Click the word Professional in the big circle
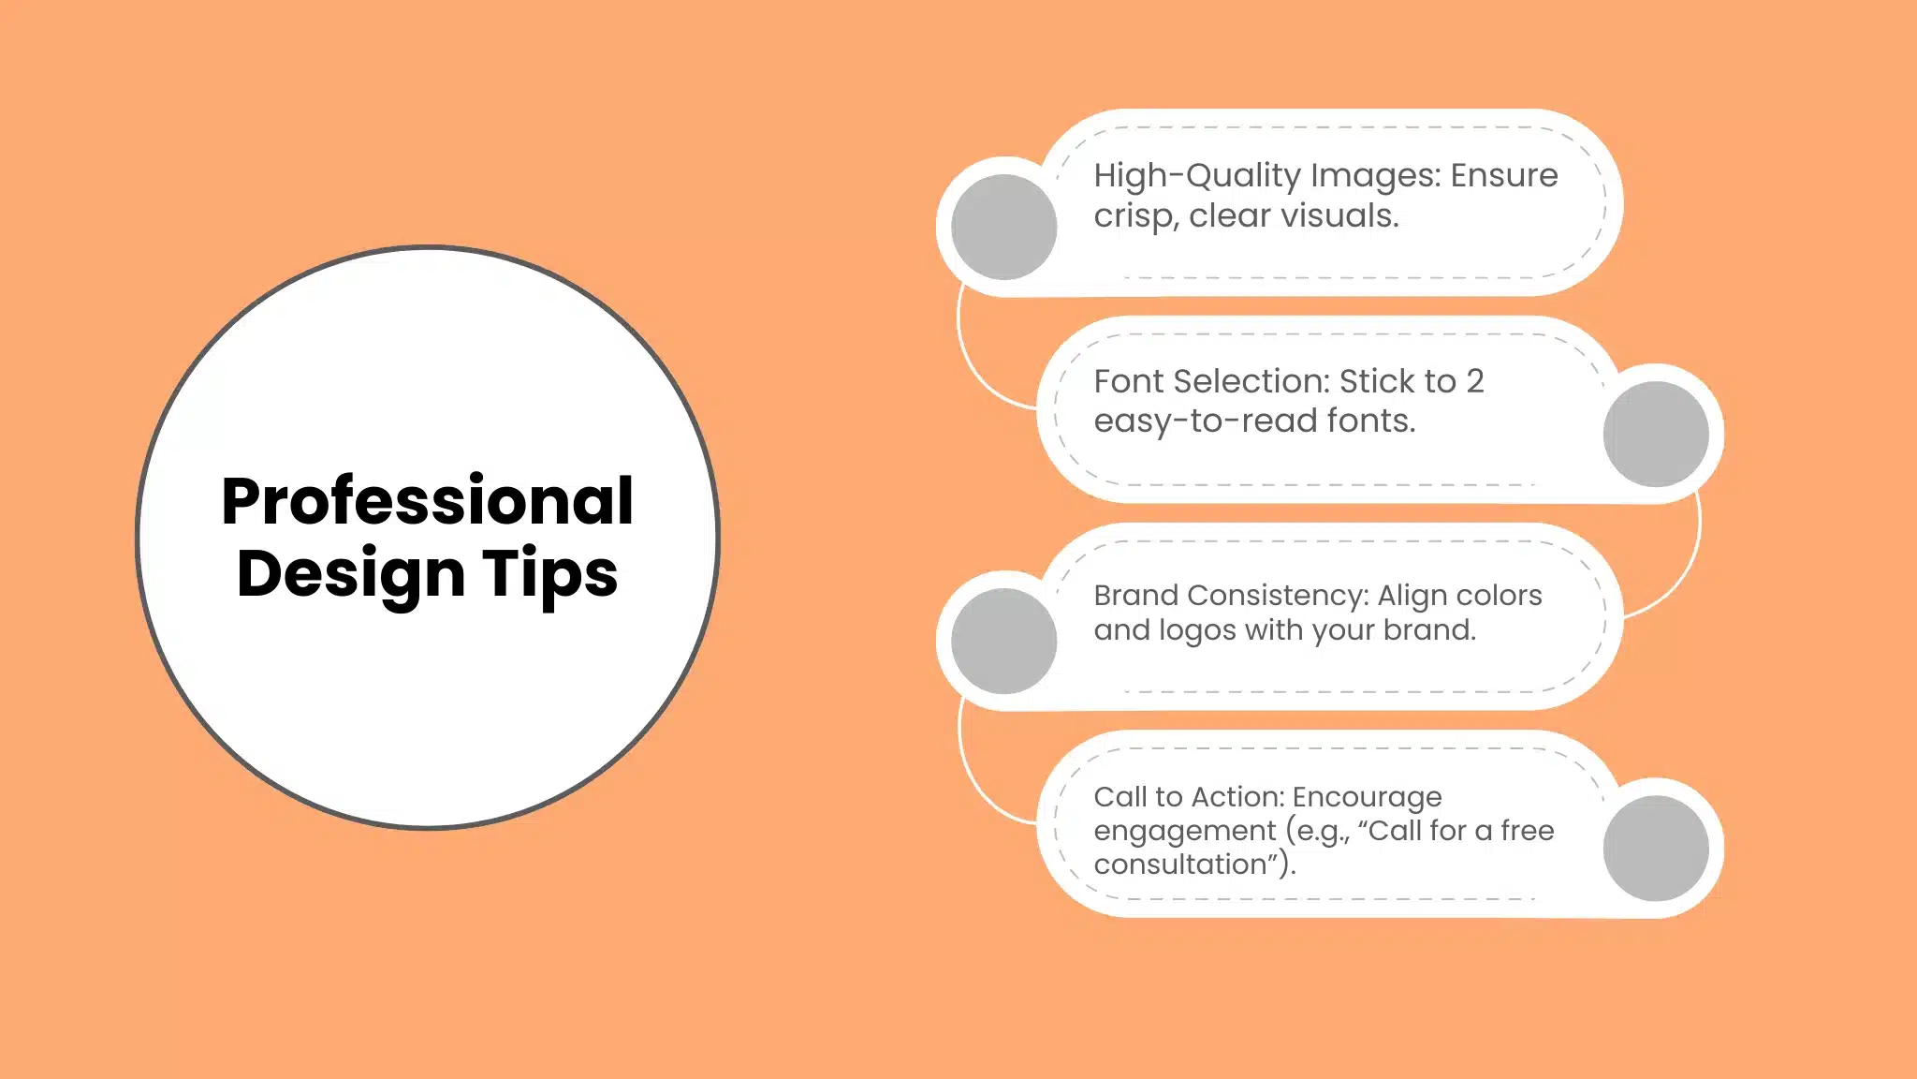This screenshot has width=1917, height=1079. (427, 502)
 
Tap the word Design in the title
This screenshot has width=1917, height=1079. (350, 573)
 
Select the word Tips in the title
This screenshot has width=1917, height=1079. (549, 573)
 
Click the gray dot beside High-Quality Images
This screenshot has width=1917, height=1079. (1003, 227)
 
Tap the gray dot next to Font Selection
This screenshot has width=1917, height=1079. (1655, 434)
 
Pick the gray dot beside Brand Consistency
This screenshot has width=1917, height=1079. (1003, 641)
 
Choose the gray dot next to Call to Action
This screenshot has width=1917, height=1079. (1655, 848)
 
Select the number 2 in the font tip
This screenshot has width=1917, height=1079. (1474, 381)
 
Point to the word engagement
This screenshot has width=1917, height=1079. (1184, 832)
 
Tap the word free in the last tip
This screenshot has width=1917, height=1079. (1527, 831)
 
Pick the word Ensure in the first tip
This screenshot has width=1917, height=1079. (1503, 176)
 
